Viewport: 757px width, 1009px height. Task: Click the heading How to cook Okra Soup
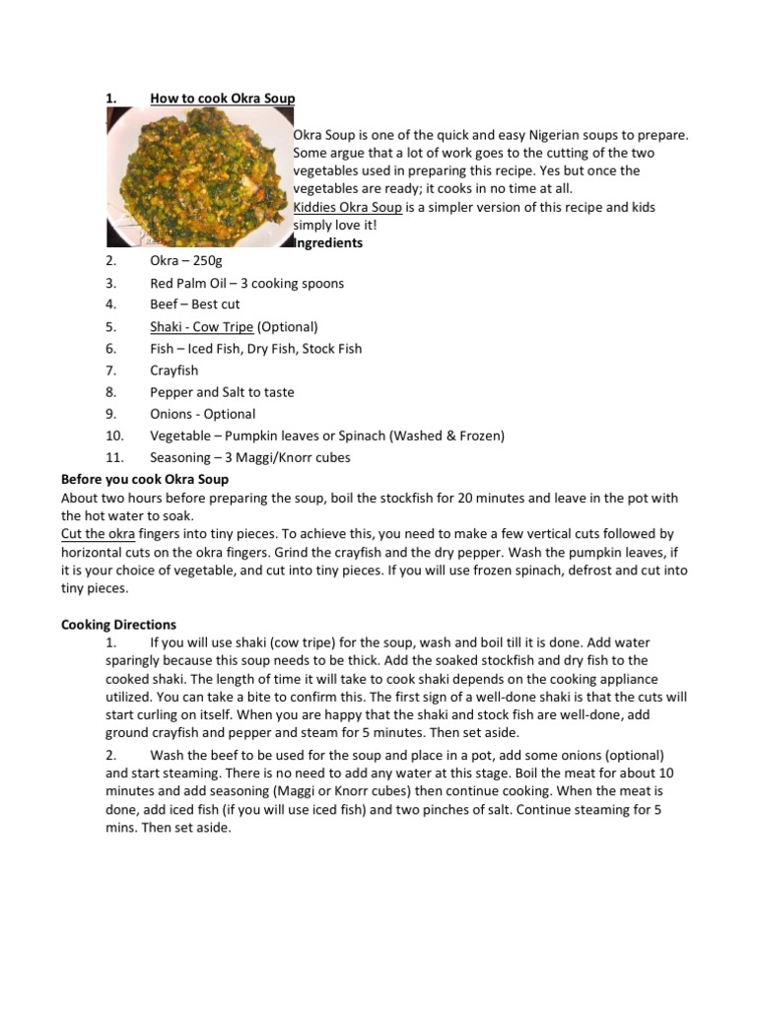coord(222,99)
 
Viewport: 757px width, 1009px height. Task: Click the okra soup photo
coord(198,176)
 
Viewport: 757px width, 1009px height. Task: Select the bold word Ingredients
coord(329,242)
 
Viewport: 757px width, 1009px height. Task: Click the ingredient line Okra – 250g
coord(186,261)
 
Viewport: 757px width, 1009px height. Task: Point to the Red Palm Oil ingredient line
coord(246,283)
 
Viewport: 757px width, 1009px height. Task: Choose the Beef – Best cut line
coord(194,304)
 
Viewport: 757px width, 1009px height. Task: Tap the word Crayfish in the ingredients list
coord(173,370)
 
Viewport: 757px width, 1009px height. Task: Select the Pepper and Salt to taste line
coord(222,392)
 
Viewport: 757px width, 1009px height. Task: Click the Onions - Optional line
coord(202,414)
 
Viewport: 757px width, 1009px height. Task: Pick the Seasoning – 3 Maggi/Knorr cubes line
coord(249,457)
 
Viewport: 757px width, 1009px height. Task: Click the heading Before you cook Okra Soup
coord(145,480)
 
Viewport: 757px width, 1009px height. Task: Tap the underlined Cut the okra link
coord(98,533)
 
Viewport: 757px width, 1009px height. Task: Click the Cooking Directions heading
coord(118,625)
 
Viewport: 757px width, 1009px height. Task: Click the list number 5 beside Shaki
coord(111,326)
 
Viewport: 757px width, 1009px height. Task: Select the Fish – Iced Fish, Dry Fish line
coord(255,348)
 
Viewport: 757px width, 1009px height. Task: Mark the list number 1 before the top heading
coord(111,99)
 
